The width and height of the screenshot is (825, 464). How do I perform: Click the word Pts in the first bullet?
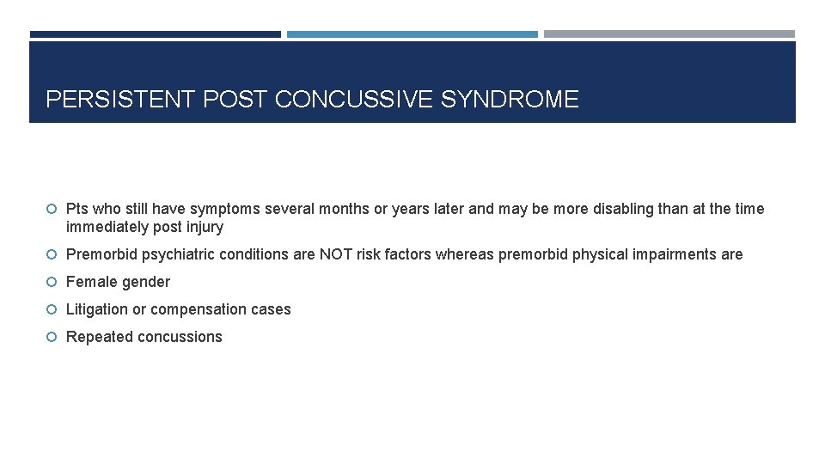[77, 209]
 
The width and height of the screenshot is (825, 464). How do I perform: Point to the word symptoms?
[223, 209]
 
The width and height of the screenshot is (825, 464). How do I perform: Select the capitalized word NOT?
[337, 254]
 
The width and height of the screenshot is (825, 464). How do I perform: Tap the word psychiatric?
[180, 254]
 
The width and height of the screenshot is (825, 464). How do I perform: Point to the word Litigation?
[96, 309]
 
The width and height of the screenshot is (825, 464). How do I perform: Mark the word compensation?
[196, 309]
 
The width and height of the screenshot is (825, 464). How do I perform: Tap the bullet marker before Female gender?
[52, 282]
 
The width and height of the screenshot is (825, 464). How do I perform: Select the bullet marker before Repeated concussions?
[52, 337]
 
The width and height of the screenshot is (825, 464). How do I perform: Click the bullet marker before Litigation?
[52, 309]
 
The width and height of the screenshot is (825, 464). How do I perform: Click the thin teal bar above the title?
[412, 34]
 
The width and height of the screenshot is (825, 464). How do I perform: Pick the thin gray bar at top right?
[669, 34]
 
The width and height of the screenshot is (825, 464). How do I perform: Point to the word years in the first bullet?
[395, 209]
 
